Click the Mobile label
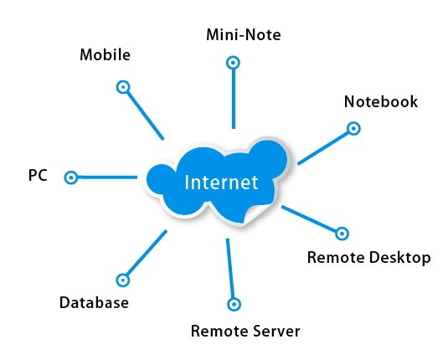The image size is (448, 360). click(x=106, y=54)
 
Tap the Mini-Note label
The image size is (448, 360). click(x=244, y=35)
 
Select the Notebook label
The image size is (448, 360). click(x=381, y=101)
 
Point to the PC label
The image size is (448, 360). click(x=38, y=175)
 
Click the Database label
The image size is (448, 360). click(x=94, y=302)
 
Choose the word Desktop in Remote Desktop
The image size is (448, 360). click(x=399, y=257)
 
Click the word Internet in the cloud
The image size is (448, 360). click(x=221, y=183)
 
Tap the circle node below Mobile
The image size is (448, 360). click(x=123, y=87)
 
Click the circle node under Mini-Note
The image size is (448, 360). click(x=233, y=63)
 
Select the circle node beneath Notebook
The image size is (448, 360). click(x=353, y=128)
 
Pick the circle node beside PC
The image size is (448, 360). click(x=71, y=177)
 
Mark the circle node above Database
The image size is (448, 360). click(x=123, y=280)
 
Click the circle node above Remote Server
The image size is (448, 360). click(x=234, y=304)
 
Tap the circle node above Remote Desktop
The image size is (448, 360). click(x=342, y=234)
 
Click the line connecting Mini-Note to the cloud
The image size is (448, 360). click(x=234, y=99)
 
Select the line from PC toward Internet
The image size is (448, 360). click(x=107, y=177)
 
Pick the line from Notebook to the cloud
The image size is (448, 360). click(x=323, y=147)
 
